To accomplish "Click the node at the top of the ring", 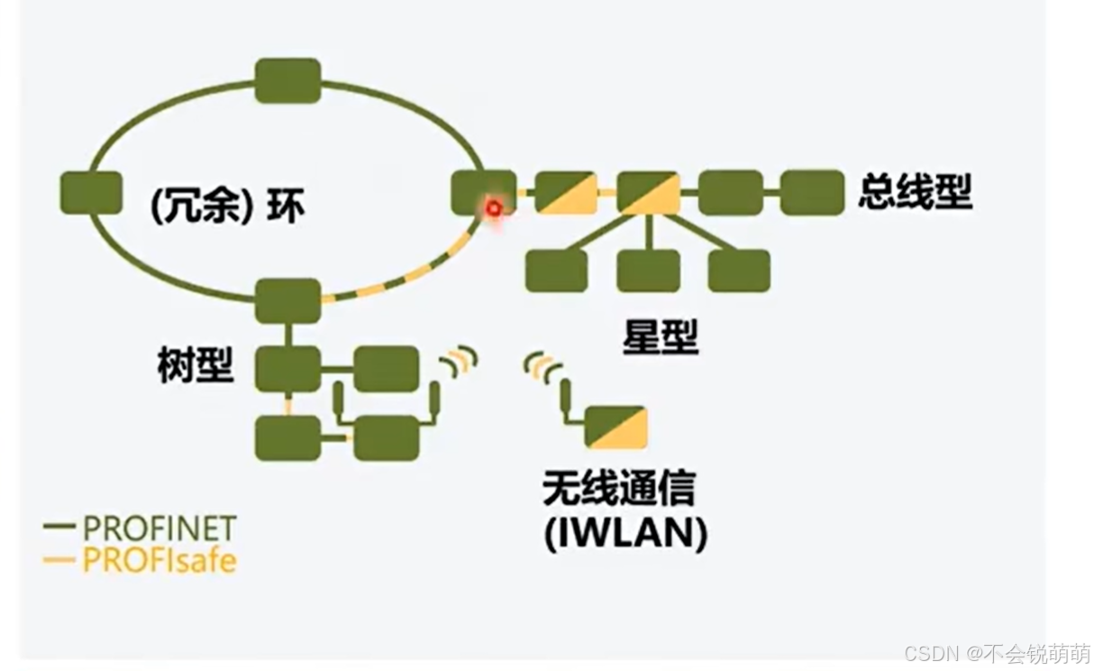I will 287,80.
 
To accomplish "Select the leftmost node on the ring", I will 91,193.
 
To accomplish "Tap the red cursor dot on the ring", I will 493,208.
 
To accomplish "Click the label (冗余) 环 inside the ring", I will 227,207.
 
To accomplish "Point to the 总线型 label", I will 915,191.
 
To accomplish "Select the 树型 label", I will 196,364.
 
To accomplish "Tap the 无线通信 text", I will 618,489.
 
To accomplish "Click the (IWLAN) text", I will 625,533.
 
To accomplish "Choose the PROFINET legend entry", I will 141,528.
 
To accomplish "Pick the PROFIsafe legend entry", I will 141,560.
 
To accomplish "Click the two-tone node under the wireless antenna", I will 615,427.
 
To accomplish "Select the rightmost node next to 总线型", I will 812,192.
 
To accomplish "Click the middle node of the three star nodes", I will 648,271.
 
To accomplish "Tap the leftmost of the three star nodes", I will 556,271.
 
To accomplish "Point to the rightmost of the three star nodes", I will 739,271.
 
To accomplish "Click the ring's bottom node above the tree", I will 287,300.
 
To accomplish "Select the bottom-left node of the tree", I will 287,437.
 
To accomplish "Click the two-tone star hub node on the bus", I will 648,192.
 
